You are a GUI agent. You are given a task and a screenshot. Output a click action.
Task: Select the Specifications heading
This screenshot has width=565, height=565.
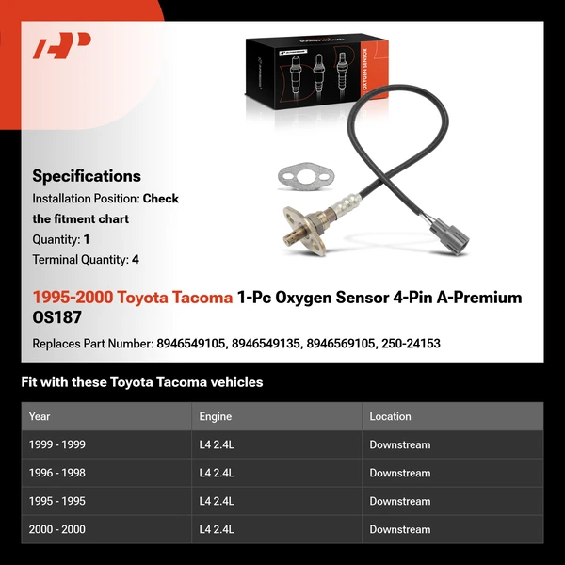tap(87, 175)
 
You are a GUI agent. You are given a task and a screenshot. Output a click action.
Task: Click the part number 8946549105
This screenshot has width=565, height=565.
tap(191, 344)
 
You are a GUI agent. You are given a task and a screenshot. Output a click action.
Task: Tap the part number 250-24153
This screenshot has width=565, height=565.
tap(411, 344)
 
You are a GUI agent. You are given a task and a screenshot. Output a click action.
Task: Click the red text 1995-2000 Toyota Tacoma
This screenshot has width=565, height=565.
tap(132, 298)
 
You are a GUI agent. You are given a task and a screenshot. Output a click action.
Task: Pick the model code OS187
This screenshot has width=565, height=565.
tap(57, 317)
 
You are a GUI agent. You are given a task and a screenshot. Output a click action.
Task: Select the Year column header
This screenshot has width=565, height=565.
tap(40, 416)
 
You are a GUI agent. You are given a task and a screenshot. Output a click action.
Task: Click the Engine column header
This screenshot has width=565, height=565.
tap(216, 416)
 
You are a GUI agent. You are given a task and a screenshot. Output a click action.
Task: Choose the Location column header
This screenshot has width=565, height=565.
tap(390, 416)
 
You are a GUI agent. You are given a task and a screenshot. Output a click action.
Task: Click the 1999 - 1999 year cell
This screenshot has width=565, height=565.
tap(56, 444)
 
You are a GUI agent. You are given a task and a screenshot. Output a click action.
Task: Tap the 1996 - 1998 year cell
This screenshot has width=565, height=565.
tap(56, 473)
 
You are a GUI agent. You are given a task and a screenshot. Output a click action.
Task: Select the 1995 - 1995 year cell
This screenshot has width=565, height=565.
tap(56, 501)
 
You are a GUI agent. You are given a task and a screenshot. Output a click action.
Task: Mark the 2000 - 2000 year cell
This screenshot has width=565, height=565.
tap(56, 529)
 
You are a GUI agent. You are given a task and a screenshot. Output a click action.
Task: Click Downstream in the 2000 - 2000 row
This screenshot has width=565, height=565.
tap(399, 529)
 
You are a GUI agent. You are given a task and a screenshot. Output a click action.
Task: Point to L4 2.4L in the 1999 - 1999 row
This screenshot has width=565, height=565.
tap(217, 444)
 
